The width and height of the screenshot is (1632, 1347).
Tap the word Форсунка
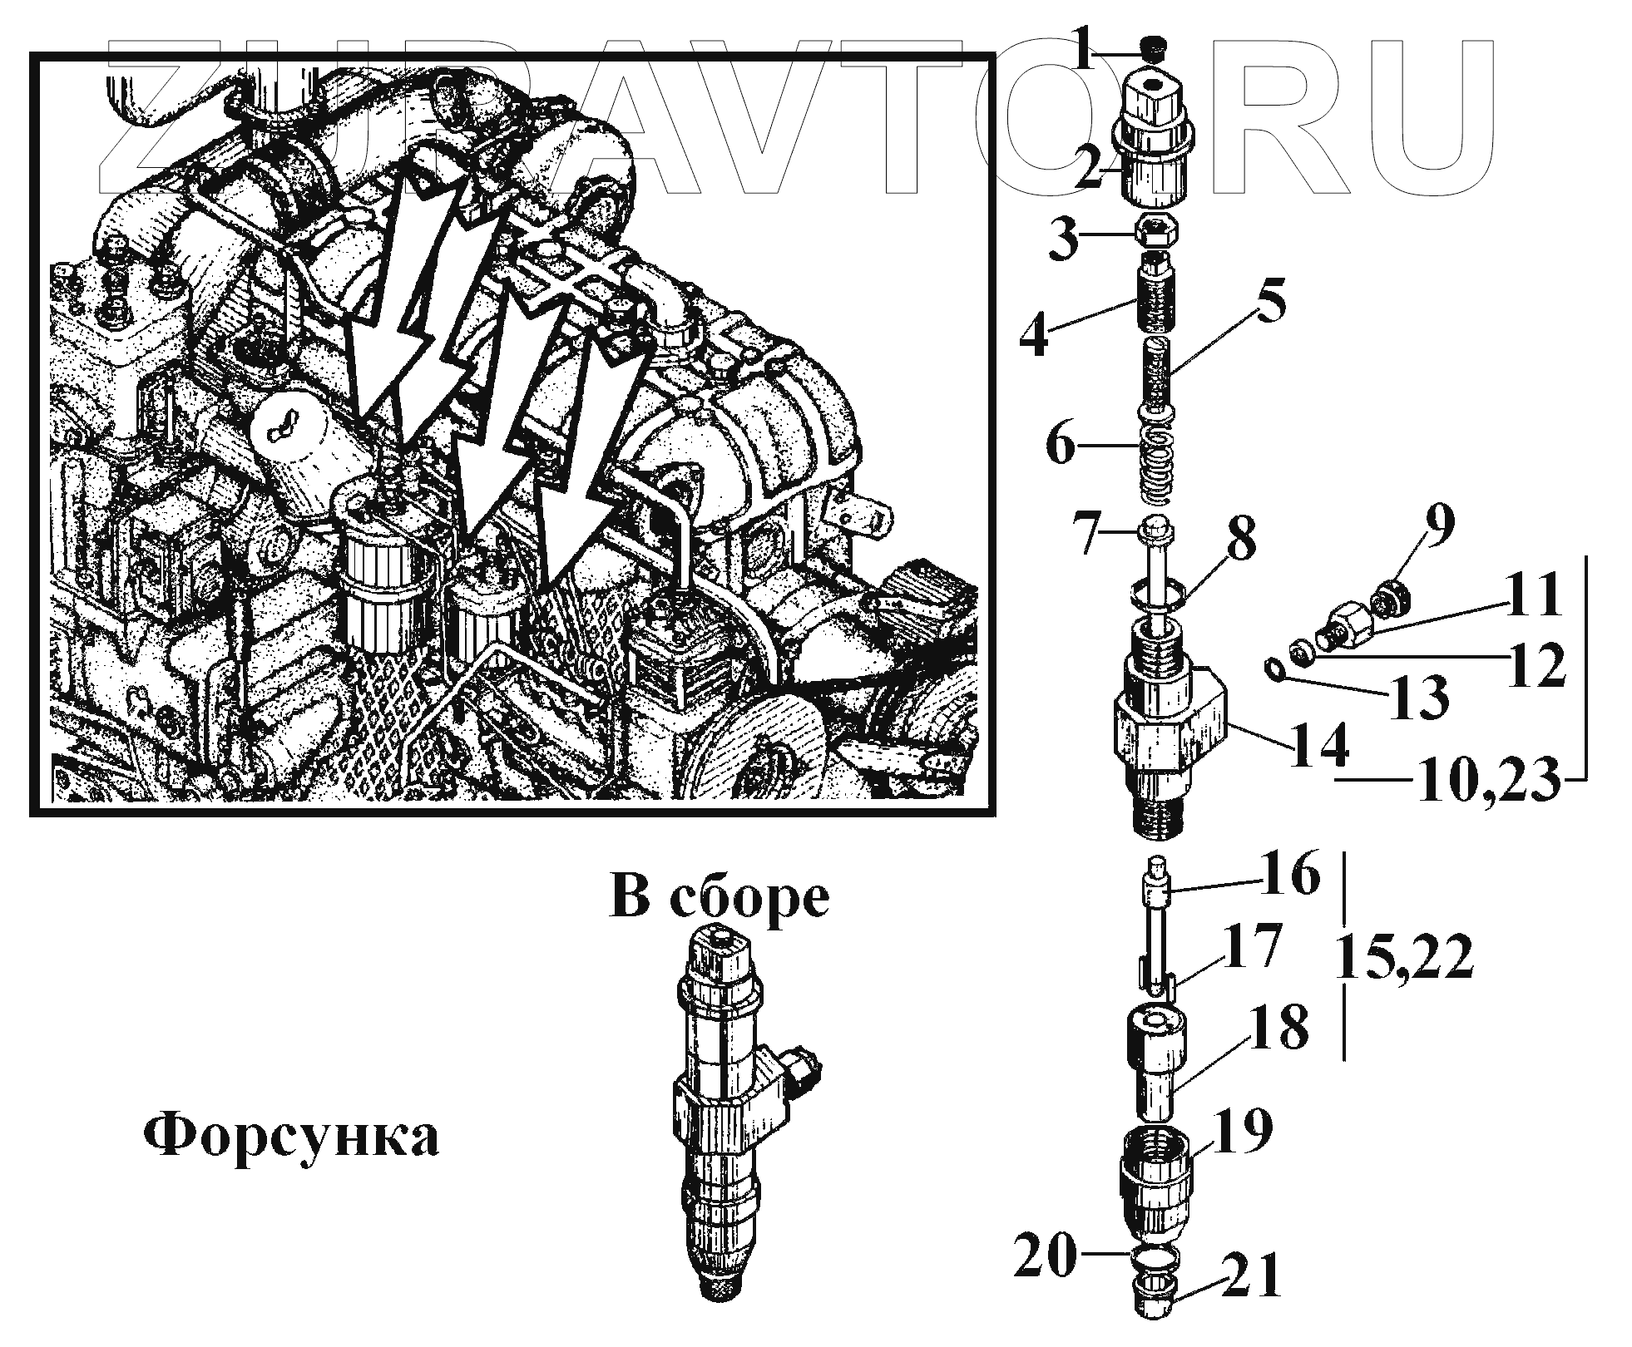coord(291,1136)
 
